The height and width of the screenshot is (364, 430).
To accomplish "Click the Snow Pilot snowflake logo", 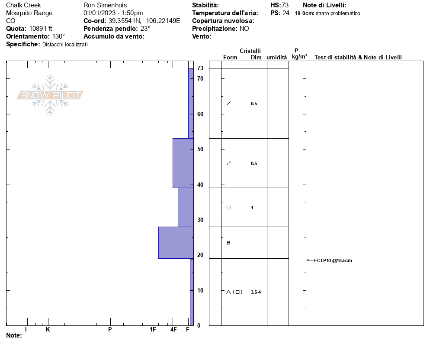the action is pyautogui.click(x=50, y=95).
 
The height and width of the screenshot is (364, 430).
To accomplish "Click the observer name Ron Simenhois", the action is pyautogui.click(x=105, y=5).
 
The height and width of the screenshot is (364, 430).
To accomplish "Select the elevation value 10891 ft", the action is pyautogui.click(x=41, y=29).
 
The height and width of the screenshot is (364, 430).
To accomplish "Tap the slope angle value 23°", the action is pyautogui.click(x=145, y=29).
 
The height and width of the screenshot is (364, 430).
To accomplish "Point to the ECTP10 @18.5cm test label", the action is pyautogui.click(x=333, y=260).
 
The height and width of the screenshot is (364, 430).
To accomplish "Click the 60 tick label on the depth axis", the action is pyautogui.click(x=200, y=114).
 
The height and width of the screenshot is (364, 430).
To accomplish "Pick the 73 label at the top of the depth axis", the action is pyautogui.click(x=200, y=68).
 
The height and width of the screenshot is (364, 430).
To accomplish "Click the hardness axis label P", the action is pyautogui.click(x=110, y=329).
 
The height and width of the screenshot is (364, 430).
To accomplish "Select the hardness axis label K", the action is pyautogui.click(x=48, y=329).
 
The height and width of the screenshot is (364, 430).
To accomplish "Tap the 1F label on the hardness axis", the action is pyautogui.click(x=153, y=329).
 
